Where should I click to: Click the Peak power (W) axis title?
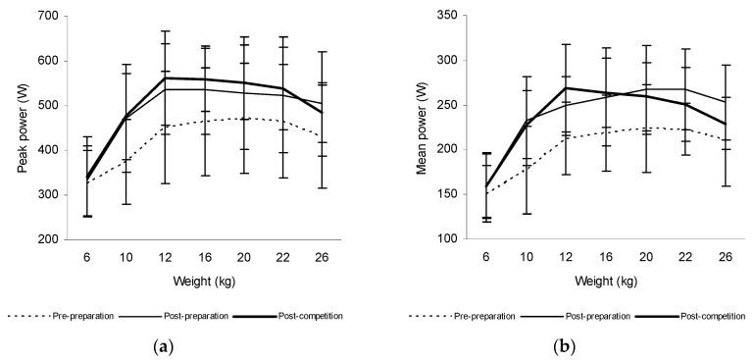click(22, 128)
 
